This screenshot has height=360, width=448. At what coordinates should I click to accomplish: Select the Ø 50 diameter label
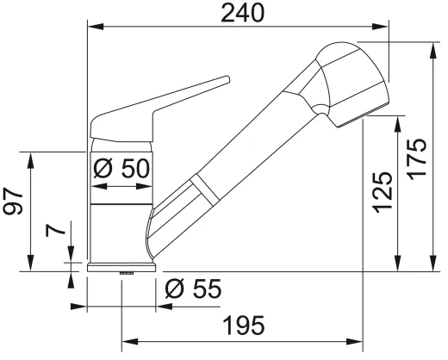pyautogui.click(x=122, y=168)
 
